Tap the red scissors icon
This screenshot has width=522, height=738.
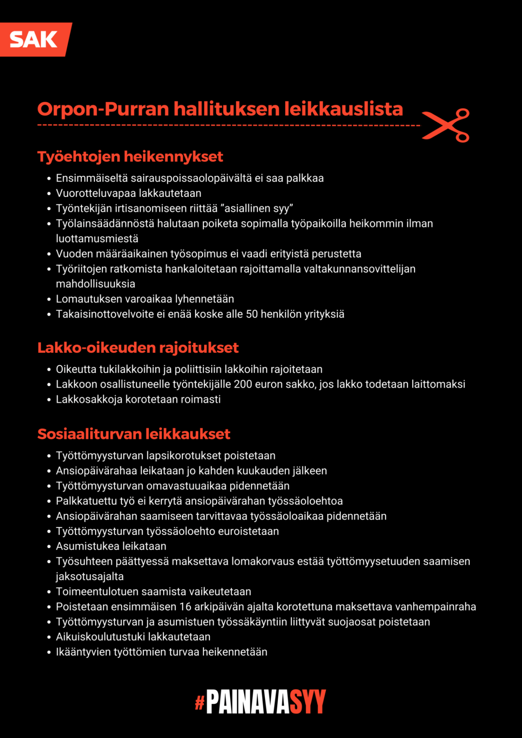point(446,125)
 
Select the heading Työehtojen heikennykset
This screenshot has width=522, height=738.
point(130,157)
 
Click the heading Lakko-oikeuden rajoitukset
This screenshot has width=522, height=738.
point(138,348)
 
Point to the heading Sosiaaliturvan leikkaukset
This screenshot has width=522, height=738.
point(134,434)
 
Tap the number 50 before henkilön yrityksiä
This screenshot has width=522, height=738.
point(252,314)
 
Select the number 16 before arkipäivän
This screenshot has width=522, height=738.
point(185,607)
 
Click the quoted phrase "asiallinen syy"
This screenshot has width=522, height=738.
point(257,208)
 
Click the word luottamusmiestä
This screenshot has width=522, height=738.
point(97,238)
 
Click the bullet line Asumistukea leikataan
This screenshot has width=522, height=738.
point(111,546)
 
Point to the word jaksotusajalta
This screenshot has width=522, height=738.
point(90,577)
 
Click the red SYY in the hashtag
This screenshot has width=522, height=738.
point(307,702)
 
